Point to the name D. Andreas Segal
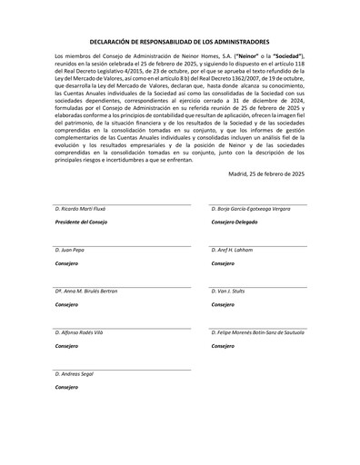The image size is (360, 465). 76,373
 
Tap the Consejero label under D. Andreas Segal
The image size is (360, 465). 67,386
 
